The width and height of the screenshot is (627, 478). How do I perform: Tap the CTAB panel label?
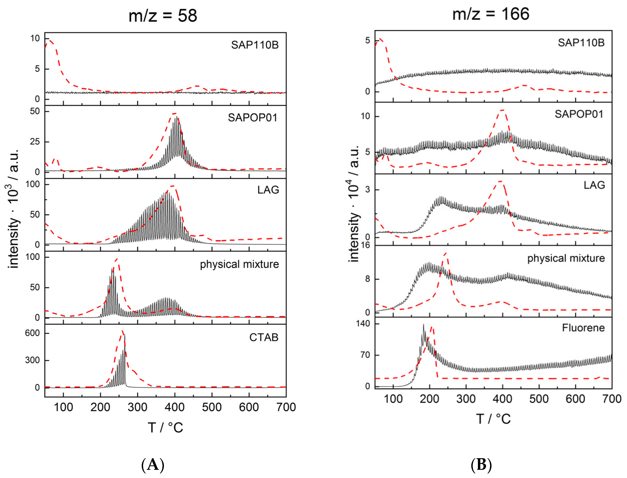click(x=264, y=337)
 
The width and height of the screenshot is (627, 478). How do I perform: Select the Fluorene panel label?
click(x=583, y=328)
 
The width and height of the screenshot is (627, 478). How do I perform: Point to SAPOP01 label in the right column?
click(x=579, y=114)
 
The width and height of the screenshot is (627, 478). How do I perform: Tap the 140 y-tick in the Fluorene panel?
click(x=363, y=324)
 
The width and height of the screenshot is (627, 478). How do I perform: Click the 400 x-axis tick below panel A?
click(x=175, y=407)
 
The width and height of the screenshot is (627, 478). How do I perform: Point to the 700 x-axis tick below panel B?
click(x=612, y=399)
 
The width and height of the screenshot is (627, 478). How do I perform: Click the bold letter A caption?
click(x=153, y=465)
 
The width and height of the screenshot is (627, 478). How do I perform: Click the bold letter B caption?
click(x=481, y=465)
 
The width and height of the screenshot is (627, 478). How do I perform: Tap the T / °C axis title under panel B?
click(x=493, y=419)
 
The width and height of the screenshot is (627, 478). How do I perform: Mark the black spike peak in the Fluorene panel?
click(x=423, y=325)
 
